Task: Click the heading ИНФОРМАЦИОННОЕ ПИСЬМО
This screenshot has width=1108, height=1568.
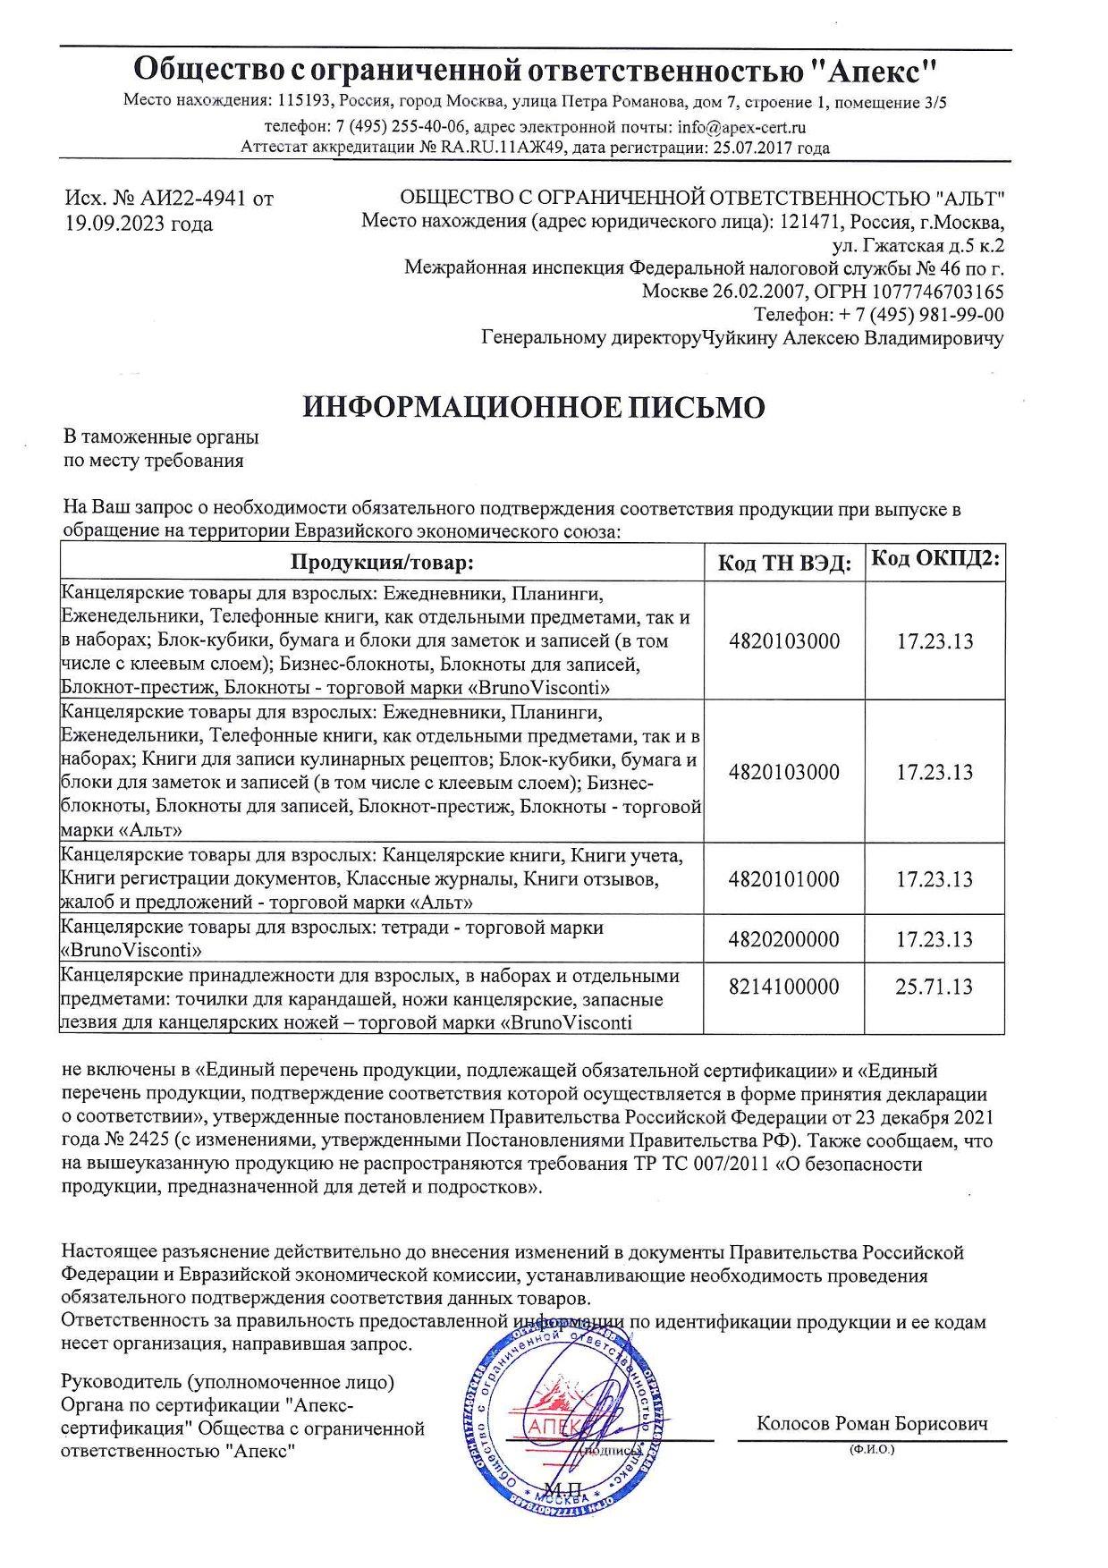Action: coord(534,407)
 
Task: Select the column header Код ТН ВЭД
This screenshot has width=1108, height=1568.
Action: coord(784,563)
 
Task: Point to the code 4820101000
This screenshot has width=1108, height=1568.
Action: coord(784,879)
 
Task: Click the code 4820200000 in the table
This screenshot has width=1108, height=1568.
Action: coord(784,939)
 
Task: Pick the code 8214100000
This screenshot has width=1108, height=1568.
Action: coord(784,987)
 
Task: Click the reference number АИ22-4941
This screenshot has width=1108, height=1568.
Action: coord(187,199)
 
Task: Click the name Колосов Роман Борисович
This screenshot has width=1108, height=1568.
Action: coord(872,1423)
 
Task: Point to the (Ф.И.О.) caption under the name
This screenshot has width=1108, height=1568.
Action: coord(872,1449)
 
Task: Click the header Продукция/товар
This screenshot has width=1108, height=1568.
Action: coord(380,563)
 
